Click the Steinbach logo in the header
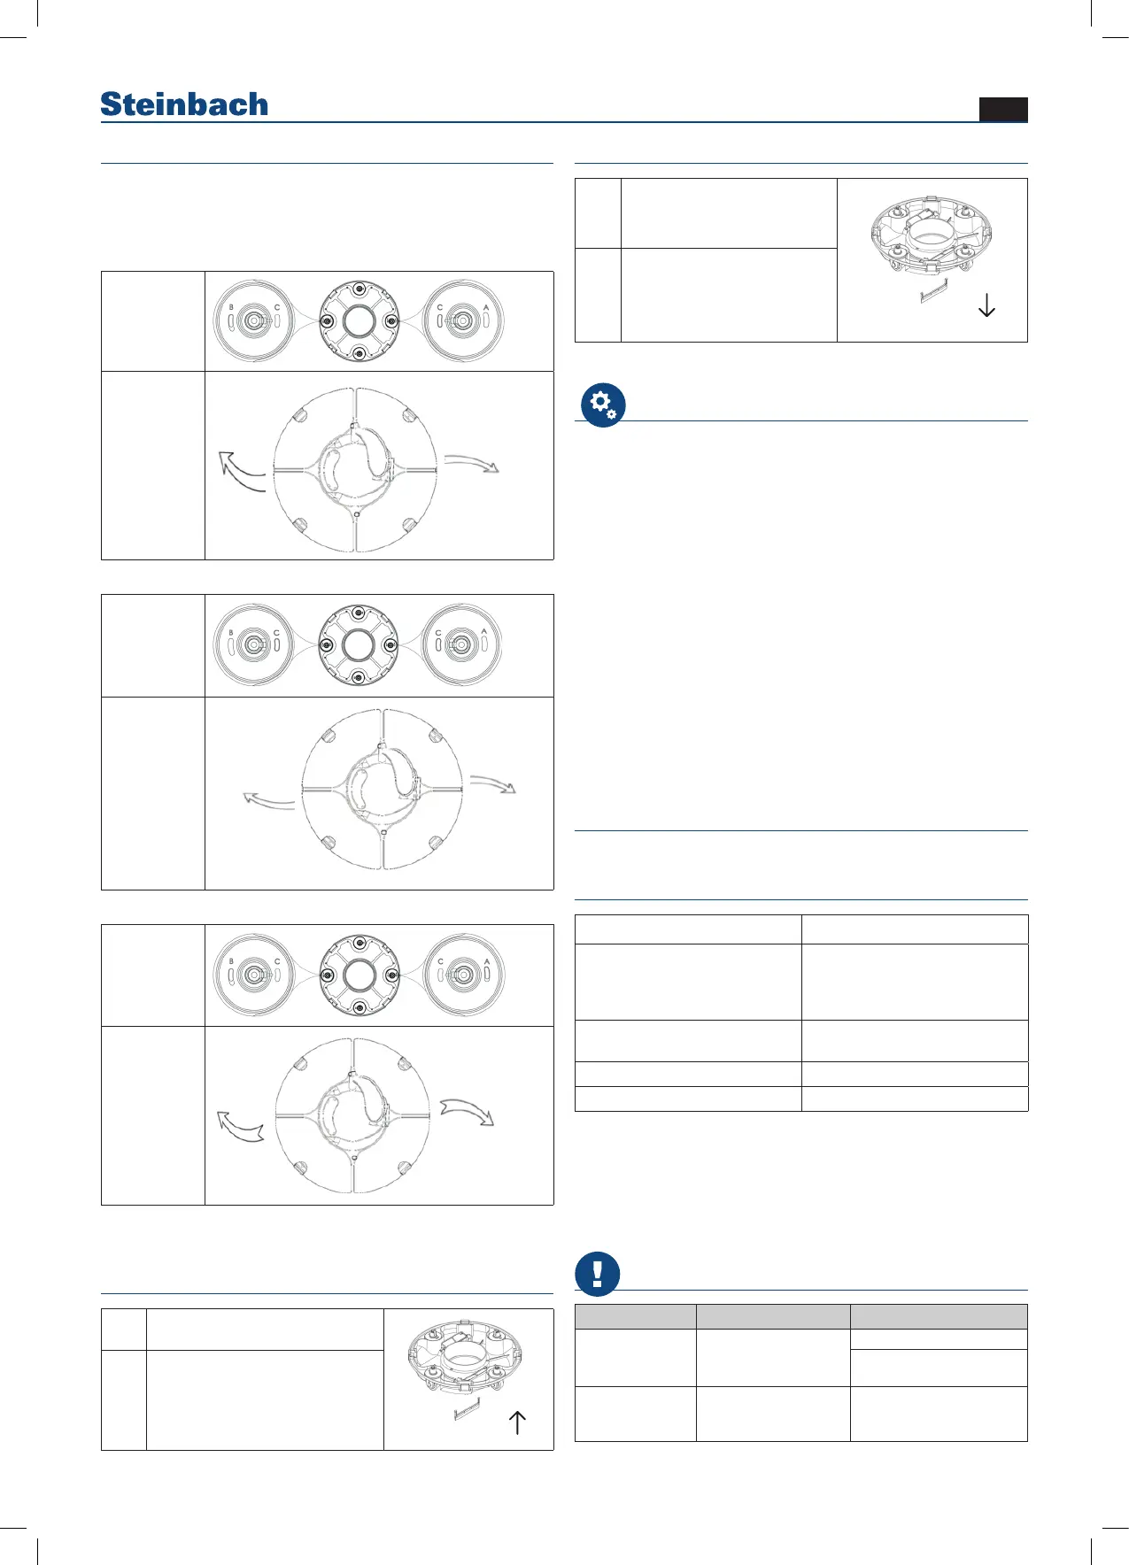184,104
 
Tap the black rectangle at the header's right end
1003,109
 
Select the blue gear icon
603,405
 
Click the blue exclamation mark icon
597,1274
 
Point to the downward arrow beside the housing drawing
986,305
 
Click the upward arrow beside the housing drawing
517,1422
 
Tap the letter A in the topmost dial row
486,307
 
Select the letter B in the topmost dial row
231,307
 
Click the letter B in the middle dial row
231,632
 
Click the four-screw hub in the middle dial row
358,645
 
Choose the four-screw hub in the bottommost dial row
359,975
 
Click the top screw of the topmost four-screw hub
359,289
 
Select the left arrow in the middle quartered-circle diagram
268,801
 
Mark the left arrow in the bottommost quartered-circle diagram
240,1126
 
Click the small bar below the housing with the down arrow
934,291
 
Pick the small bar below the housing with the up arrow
466,1409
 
